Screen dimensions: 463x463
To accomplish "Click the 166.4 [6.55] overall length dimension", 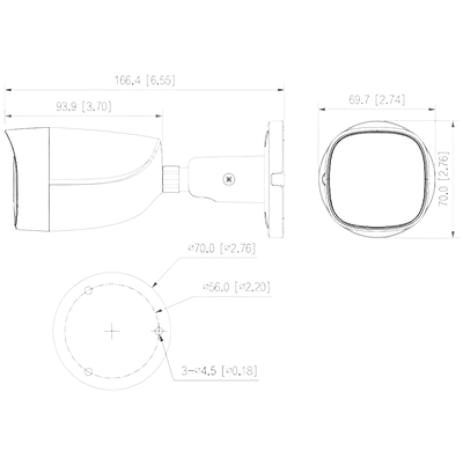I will tap(145, 80).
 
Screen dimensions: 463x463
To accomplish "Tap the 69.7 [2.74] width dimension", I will tap(377, 100).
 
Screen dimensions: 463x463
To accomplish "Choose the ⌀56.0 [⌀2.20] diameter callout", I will tap(236, 287).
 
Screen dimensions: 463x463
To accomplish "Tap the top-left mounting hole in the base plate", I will tap(88, 290).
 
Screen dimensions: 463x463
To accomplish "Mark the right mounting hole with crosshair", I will tap(159, 331).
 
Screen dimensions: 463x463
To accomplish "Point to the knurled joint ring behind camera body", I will tap(171, 179).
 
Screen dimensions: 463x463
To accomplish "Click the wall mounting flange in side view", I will tap(275, 179).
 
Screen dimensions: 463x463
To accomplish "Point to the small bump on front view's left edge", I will tap(323, 179).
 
